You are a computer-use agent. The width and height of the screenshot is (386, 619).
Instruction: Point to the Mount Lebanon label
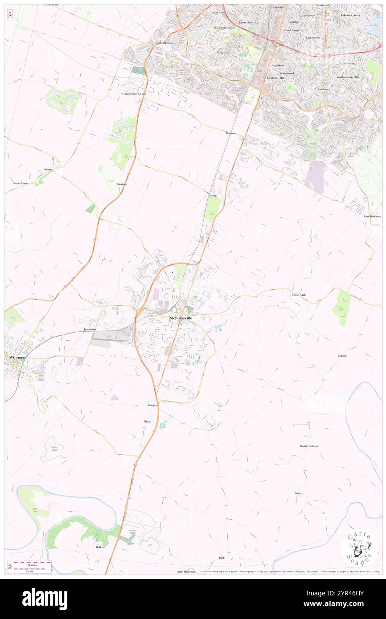309,446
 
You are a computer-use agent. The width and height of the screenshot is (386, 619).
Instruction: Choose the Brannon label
230,133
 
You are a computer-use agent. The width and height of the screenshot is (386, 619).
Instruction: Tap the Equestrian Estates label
135,94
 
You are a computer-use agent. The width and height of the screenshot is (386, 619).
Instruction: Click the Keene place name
49,170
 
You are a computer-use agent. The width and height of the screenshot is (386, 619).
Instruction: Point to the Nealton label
122,184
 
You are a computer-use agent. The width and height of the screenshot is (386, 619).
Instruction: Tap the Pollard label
299,493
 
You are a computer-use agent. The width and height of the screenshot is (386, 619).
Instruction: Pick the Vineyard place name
153,405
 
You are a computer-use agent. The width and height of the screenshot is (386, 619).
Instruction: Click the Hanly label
147,421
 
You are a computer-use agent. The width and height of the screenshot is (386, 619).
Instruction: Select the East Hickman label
372,216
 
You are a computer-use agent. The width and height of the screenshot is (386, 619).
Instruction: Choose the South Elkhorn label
163,43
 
